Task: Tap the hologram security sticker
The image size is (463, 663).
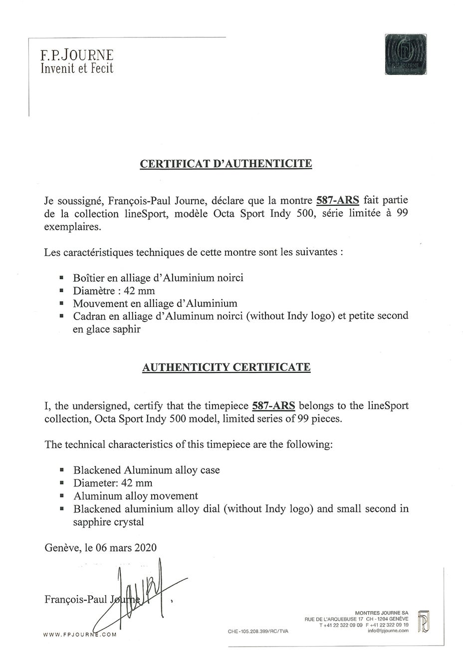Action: tap(407, 54)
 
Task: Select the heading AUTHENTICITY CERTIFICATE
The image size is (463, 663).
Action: tap(226, 367)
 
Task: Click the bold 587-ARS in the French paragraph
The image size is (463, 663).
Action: tap(338, 201)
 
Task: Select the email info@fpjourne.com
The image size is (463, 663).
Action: tap(388, 631)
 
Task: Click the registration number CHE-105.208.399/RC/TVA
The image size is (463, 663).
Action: tap(258, 631)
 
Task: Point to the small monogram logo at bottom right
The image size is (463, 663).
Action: tap(424, 621)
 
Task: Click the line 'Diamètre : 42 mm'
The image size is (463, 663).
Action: tap(114, 291)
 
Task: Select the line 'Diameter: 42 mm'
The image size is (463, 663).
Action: tap(113, 483)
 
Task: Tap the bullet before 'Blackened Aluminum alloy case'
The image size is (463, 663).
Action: tap(61, 470)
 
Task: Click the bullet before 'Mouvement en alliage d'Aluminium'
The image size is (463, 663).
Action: tap(61, 303)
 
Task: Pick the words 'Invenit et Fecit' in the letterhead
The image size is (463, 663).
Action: tap(77, 68)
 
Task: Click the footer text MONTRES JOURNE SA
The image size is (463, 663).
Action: tap(382, 613)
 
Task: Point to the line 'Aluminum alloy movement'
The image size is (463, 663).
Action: tap(136, 496)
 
